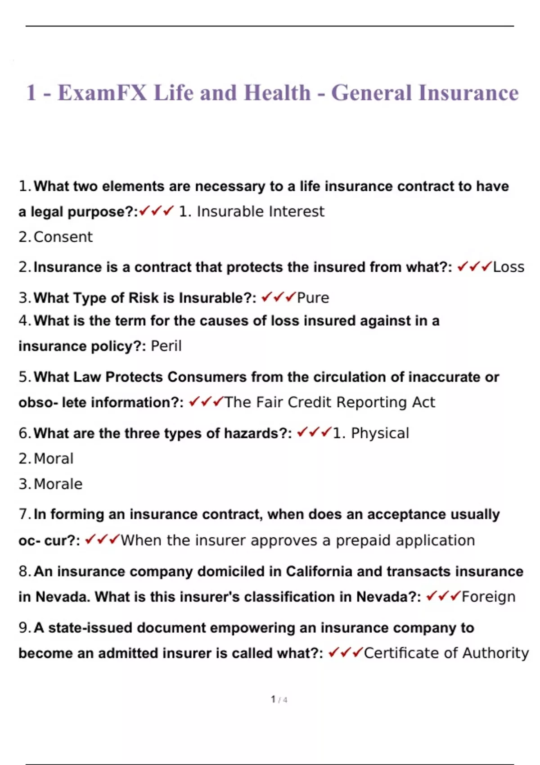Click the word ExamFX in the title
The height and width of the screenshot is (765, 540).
click(x=102, y=93)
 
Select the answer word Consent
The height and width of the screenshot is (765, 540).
click(x=63, y=237)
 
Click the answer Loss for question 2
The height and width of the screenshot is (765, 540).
click(x=508, y=267)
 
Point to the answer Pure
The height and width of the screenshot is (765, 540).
click(x=313, y=297)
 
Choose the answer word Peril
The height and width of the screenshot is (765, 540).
click(x=166, y=346)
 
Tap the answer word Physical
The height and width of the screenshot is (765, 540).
click(x=380, y=433)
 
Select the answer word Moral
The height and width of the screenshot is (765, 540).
click(x=54, y=459)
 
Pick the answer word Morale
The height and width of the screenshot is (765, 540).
click(x=58, y=484)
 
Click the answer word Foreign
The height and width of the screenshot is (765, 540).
click(x=489, y=597)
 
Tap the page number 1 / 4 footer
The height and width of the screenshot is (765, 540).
click(x=279, y=699)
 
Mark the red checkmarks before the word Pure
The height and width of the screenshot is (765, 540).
click(x=278, y=297)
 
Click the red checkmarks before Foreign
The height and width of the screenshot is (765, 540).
click(x=443, y=596)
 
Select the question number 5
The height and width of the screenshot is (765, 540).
click(x=24, y=377)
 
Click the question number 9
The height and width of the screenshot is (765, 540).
click(x=24, y=628)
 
